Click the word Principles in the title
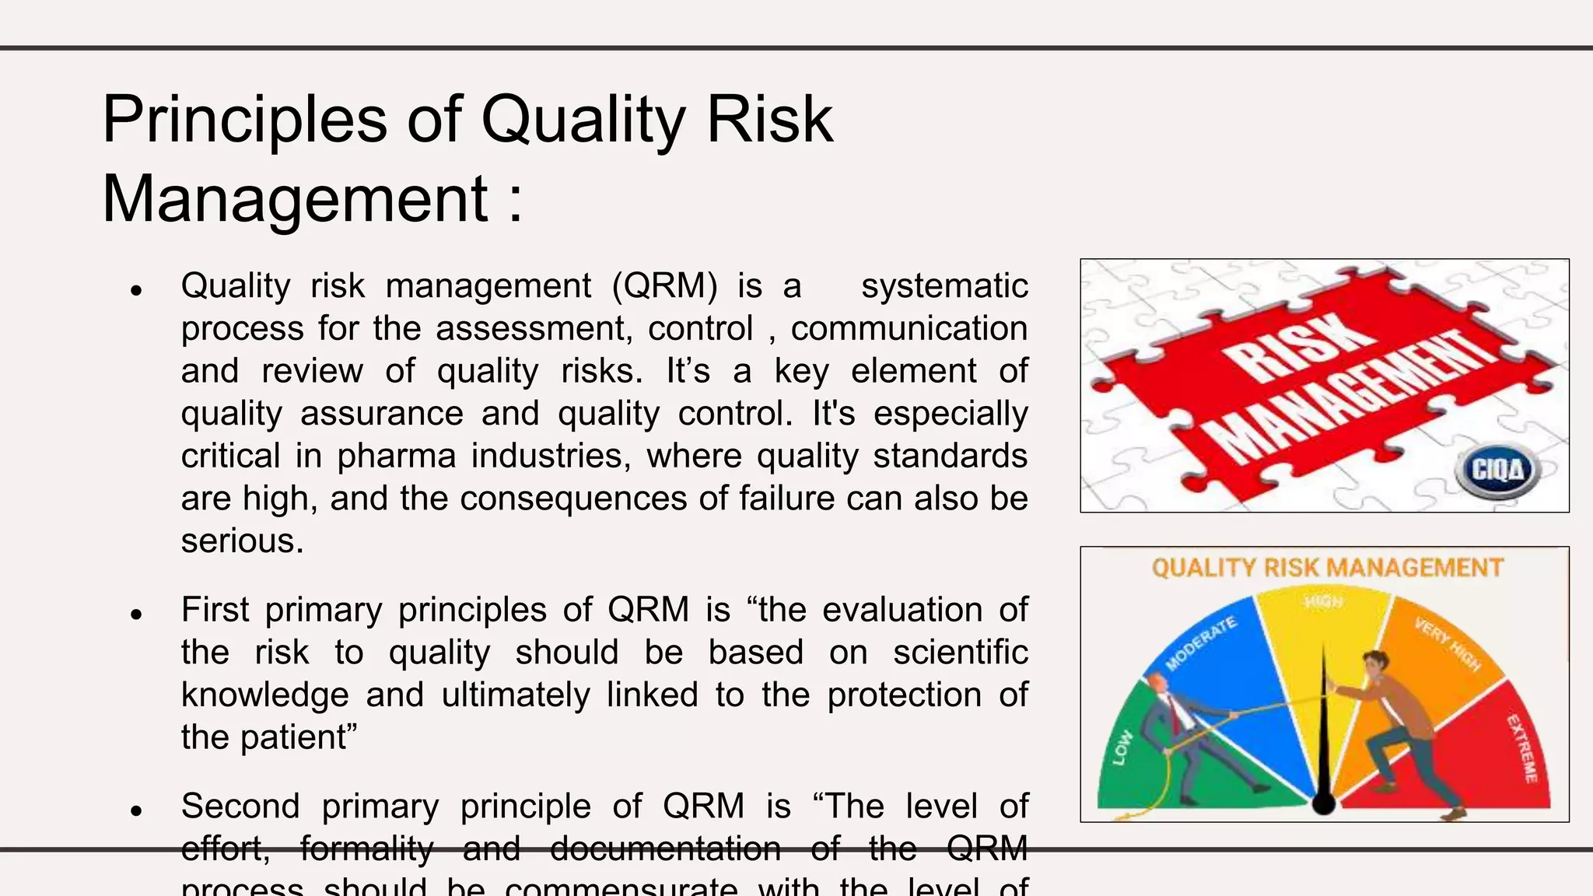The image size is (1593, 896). (x=244, y=120)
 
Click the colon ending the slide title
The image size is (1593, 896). (x=515, y=201)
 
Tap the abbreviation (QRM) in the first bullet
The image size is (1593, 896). (x=665, y=286)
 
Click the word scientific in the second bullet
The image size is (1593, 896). (x=960, y=653)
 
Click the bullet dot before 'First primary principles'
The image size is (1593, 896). (x=137, y=614)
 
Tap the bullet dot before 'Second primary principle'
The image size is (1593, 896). (x=137, y=810)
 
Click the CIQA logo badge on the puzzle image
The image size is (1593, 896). (x=1497, y=471)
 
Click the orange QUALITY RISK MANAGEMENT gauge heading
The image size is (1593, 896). (x=1327, y=568)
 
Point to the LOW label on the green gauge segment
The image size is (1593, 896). (x=1122, y=748)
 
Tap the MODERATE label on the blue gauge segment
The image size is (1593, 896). (x=1201, y=643)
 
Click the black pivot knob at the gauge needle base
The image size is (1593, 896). (x=1324, y=803)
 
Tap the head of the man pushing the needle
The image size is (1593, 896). (x=1375, y=663)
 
